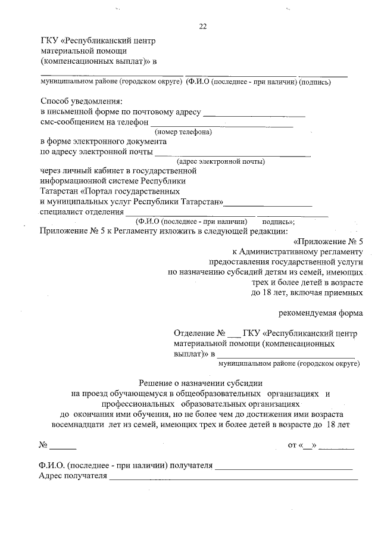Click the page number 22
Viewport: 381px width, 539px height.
202,26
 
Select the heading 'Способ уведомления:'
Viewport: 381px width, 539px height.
81,101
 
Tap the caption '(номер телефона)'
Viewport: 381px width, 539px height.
183,132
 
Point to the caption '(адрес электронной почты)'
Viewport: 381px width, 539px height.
221,161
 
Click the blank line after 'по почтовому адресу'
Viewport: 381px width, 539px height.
254,113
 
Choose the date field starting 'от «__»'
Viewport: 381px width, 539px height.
321,445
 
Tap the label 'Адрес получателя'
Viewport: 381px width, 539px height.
72,476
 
